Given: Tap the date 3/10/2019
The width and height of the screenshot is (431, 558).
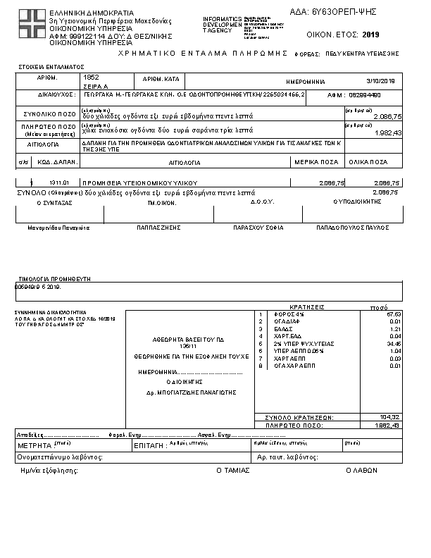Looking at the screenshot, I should point(381,82).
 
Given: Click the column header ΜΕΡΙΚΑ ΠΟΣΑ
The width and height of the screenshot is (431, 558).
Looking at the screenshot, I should point(316,162).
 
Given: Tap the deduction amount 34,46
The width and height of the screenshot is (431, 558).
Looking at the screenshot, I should point(394,344).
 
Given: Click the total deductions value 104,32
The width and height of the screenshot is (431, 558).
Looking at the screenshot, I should point(389,417).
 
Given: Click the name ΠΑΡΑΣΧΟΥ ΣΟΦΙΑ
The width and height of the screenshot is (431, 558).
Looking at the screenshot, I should point(258,228).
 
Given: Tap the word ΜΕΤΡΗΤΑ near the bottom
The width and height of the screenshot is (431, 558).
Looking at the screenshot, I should point(35,446).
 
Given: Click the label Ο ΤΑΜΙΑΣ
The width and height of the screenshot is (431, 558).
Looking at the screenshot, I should point(233,470).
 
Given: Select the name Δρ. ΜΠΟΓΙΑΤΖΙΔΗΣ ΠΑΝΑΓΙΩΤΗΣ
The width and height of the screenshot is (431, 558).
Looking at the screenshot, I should point(190,392).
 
